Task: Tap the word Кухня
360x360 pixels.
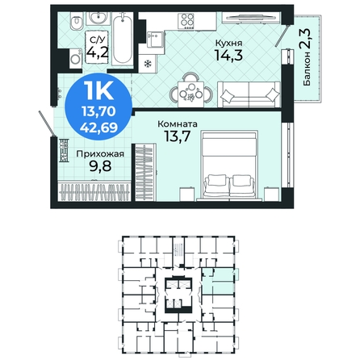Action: click(229, 43)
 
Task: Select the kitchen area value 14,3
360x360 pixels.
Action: click(228, 55)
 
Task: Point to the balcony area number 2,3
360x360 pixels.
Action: click(306, 39)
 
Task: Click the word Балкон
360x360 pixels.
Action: click(307, 69)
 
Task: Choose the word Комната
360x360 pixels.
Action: click(178, 124)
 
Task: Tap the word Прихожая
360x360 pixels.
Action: click(100, 154)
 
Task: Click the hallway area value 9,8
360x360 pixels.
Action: click(100, 166)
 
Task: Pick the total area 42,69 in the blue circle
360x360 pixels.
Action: click(99, 128)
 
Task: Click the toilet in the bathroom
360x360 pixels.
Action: click(76, 23)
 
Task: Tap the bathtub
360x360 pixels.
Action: click(122, 39)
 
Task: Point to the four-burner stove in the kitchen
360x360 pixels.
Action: click(187, 20)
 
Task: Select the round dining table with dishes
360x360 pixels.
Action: click(191, 90)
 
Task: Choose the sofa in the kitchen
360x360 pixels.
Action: click(249, 94)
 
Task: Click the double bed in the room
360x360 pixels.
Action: click(229, 165)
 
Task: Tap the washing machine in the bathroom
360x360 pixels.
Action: click(75, 59)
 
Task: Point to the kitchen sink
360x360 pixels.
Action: click(156, 39)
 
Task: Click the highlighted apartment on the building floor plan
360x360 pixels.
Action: click(218, 281)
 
